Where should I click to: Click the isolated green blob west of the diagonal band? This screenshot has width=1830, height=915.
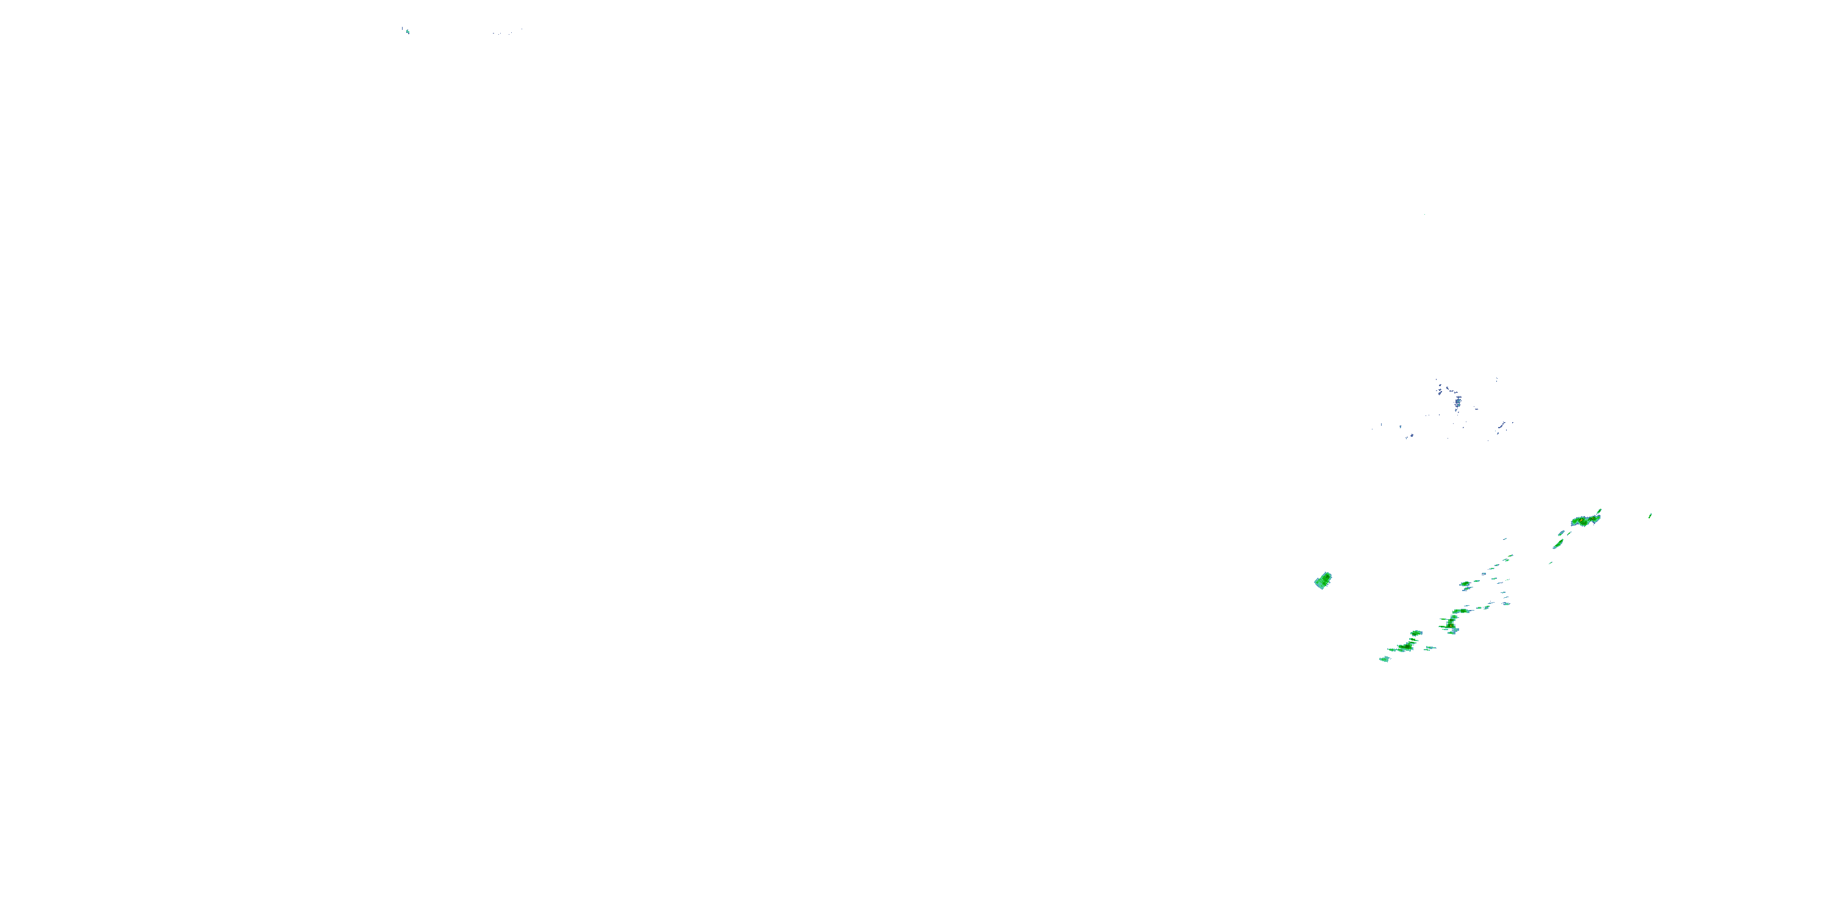pyautogui.click(x=1322, y=580)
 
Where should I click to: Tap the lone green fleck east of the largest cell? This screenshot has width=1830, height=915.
pyautogui.click(x=1649, y=515)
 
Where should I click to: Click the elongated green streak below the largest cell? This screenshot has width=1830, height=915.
pyautogui.click(x=1558, y=544)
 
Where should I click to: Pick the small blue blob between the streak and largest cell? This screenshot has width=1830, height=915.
pyautogui.click(x=1562, y=533)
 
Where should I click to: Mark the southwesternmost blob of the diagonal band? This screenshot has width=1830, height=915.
pyautogui.click(x=1384, y=659)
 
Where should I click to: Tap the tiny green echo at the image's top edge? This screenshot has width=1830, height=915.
pyautogui.click(x=407, y=31)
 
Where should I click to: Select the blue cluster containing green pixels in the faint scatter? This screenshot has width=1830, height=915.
pyautogui.click(x=1458, y=403)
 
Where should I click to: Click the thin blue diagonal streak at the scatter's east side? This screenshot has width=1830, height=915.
pyautogui.click(x=1502, y=426)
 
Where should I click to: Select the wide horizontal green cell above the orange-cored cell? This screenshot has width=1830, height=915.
pyautogui.click(x=1462, y=609)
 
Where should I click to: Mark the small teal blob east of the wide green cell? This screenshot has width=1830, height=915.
pyautogui.click(x=1505, y=605)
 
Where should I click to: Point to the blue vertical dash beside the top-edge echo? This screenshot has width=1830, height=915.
pyautogui.click(x=402, y=29)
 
